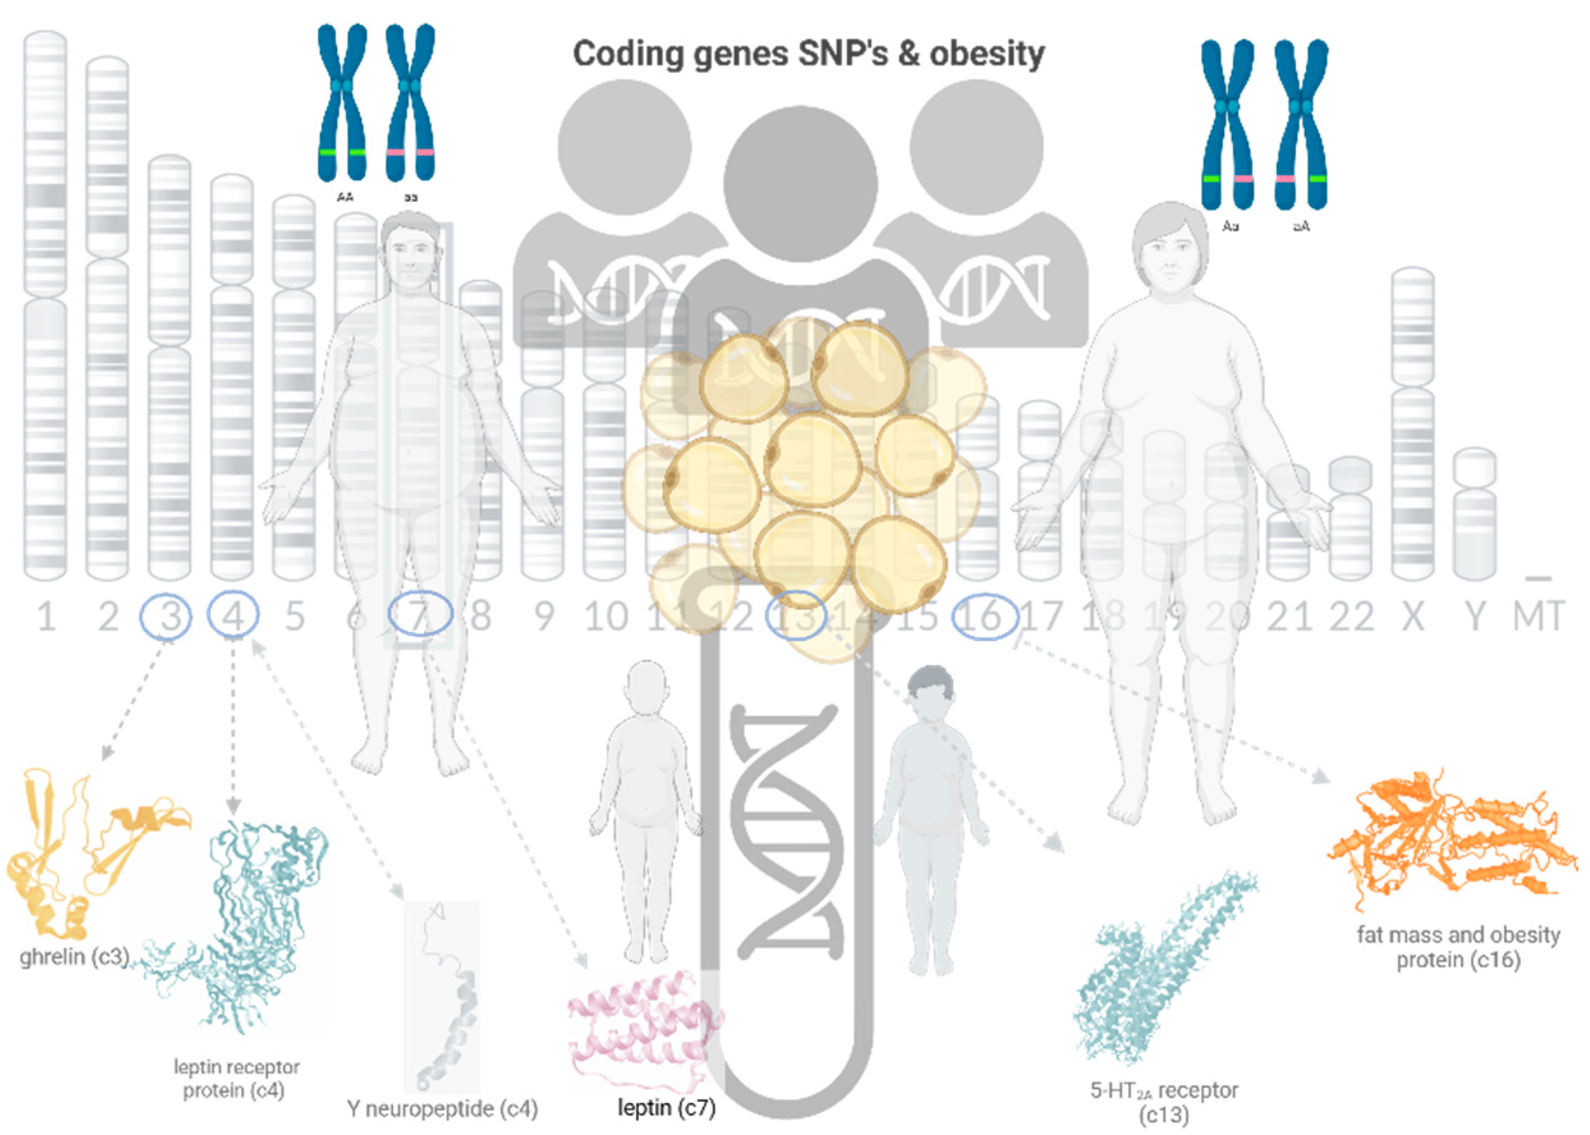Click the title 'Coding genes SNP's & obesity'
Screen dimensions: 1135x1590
pyautogui.click(x=808, y=54)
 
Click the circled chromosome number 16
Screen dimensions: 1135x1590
pyautogui.click(x=984, y=615)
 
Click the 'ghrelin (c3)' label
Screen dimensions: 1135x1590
pyautogui.click(x=74, y=956)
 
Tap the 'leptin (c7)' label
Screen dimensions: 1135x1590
pyautogui.click(x=666, y=1106)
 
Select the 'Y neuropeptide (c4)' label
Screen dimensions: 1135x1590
pyautogui.click(x=442, y=1108)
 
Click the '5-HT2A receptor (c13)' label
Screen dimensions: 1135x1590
pyautogui.click(x=1164, y=1100)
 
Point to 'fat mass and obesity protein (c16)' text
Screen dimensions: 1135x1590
pyautogui.click(x=1458, y=947)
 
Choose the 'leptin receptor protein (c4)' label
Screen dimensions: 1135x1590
pyautogui.click(x=236, y=1078)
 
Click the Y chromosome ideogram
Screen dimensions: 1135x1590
pyautogui.click(x=1475, y=514)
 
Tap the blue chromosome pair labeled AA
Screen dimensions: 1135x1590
pyautogui.click(x=342, y=105)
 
